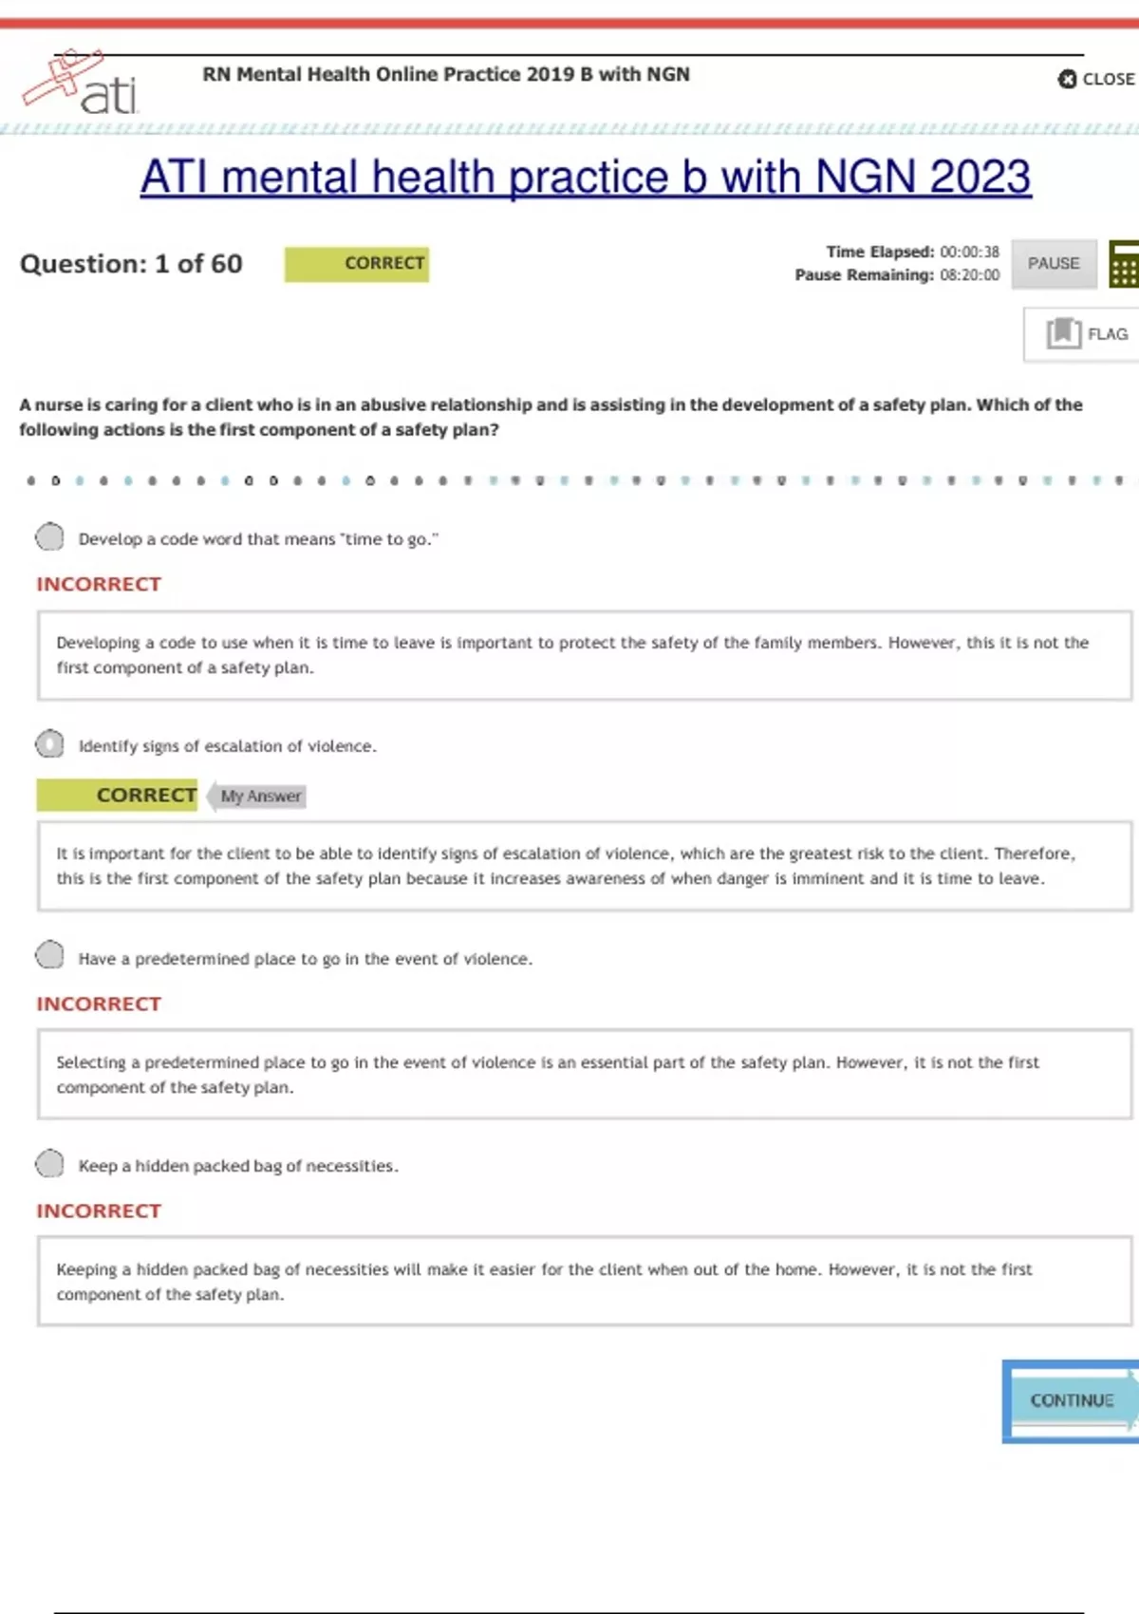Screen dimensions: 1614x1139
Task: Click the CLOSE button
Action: tap(1096, 79)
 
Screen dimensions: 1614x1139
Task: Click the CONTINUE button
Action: tap(1072, 1400)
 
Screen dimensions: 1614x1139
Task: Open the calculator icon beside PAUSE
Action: tap(1124, 264)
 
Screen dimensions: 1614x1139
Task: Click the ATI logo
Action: tap(82, 84)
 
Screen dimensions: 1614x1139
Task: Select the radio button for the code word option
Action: tap(49, 537)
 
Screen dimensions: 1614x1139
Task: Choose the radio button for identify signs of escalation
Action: tap(49, 744)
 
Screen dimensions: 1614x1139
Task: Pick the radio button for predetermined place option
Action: tap(49, 955)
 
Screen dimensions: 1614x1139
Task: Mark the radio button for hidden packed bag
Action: tap(49, 1164)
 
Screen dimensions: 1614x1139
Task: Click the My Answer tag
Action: tap(259, 796)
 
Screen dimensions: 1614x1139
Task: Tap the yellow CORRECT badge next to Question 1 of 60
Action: tap(357, 264)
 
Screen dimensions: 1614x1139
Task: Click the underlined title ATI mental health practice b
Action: tap(586, 178)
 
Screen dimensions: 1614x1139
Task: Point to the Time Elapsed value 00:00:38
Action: tap(969, 252)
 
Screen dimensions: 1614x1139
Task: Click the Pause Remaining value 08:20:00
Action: tap(969, 275)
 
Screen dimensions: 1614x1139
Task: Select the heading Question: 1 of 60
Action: tap(131, 264)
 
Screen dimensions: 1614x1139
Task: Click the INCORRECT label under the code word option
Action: tap(99, 584)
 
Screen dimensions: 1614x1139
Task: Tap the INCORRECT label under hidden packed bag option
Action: tap(99, 1211)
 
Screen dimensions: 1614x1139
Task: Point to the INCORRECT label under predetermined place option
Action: tap(99, 1004)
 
